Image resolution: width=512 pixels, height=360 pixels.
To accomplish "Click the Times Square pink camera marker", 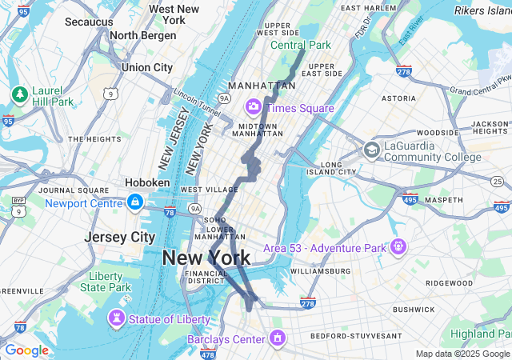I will (254, 106).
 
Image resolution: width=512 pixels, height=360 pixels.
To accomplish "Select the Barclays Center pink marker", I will (277, 338).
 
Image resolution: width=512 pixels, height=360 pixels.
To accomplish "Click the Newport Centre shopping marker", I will (135, 202).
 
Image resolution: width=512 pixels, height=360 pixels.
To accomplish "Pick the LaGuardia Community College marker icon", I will (371, 150).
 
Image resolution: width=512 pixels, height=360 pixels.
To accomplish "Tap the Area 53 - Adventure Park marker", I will (398, 247).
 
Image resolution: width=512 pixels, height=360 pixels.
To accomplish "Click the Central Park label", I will (300, 45).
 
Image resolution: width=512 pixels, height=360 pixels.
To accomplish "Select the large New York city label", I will (206, 258).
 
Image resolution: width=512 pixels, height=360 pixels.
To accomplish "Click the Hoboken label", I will (147, 182).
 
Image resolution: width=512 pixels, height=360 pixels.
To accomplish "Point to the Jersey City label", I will (120, 238).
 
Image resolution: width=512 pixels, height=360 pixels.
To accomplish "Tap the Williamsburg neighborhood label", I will (320, 271).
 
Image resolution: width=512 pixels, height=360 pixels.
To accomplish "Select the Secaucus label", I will (89, 22).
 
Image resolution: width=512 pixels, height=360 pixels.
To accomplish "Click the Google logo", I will (26, 350).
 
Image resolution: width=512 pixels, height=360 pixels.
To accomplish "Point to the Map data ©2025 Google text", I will (462, 354).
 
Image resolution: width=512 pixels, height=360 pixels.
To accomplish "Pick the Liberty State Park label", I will (106, 282).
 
